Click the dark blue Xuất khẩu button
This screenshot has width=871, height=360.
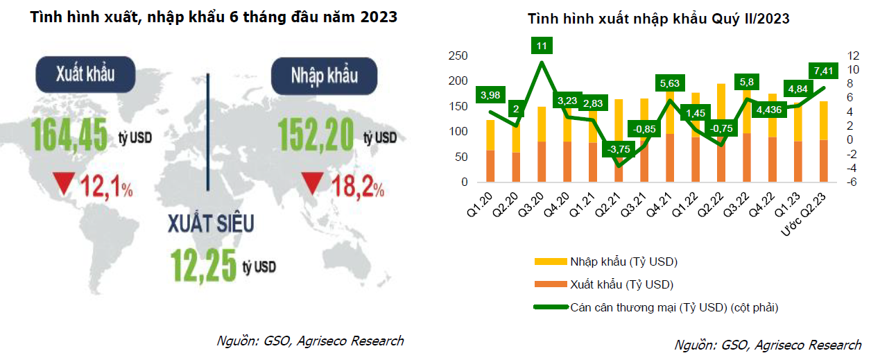(85, 75)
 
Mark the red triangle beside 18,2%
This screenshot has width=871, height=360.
(311, 184)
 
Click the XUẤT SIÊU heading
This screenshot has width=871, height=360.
(211, 223)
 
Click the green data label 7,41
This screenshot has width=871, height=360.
(824, 70)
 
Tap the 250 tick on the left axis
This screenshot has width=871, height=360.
(458, 56)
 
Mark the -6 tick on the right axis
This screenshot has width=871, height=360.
(848, 182)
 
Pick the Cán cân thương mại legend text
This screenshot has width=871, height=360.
(679, 307)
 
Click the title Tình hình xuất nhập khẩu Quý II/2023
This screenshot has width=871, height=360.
(658, 19)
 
